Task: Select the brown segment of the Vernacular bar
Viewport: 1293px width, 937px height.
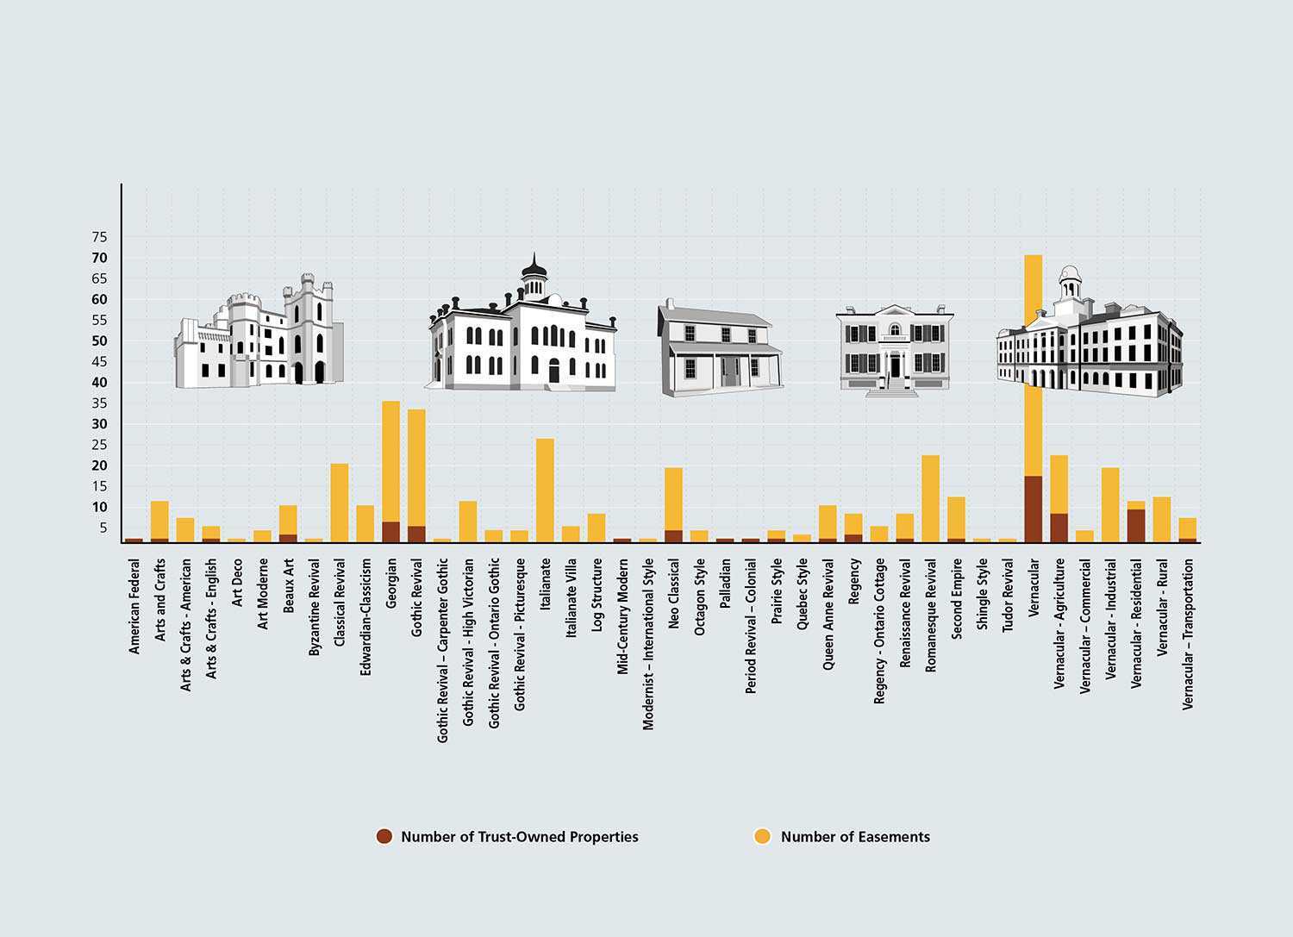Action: (x=1034, y=509)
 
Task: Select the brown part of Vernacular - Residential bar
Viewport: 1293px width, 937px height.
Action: (x=1136, y=525)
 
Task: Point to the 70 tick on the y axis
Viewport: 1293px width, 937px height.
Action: (x=99, y=258)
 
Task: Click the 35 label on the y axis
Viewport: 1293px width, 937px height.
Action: (x=99, y=403)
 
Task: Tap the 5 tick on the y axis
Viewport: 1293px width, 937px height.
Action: (x=103, y=528)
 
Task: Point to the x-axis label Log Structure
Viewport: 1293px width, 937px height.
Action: (x=597, y=596)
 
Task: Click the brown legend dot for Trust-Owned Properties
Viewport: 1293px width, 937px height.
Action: (x=384, y=836)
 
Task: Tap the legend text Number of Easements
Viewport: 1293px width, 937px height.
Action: (x=854, y=836)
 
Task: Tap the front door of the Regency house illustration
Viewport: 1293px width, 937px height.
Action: (x=896, y=366)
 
